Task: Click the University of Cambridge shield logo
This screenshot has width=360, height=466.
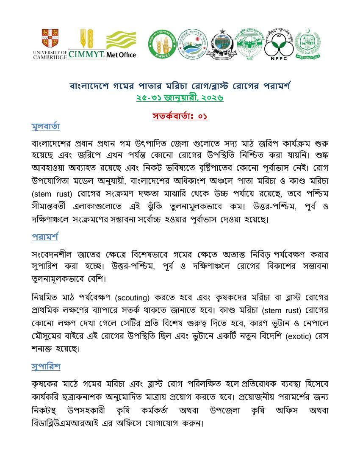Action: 50,38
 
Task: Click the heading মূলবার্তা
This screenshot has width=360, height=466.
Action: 46,126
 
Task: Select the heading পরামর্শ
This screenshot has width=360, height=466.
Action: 44,236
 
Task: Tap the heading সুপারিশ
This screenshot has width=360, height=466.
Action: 46,366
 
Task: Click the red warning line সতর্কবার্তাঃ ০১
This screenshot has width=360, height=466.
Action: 180,116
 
